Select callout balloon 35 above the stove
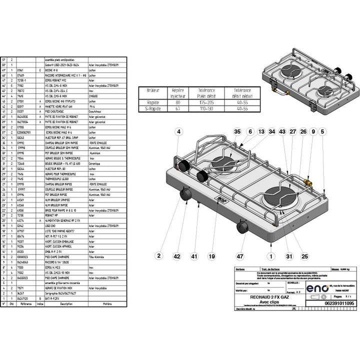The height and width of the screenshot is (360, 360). click(x=237, y=131)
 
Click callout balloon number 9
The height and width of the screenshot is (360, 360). click(x=313, y=131)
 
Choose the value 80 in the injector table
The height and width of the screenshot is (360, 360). click(x=178, y=102)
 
